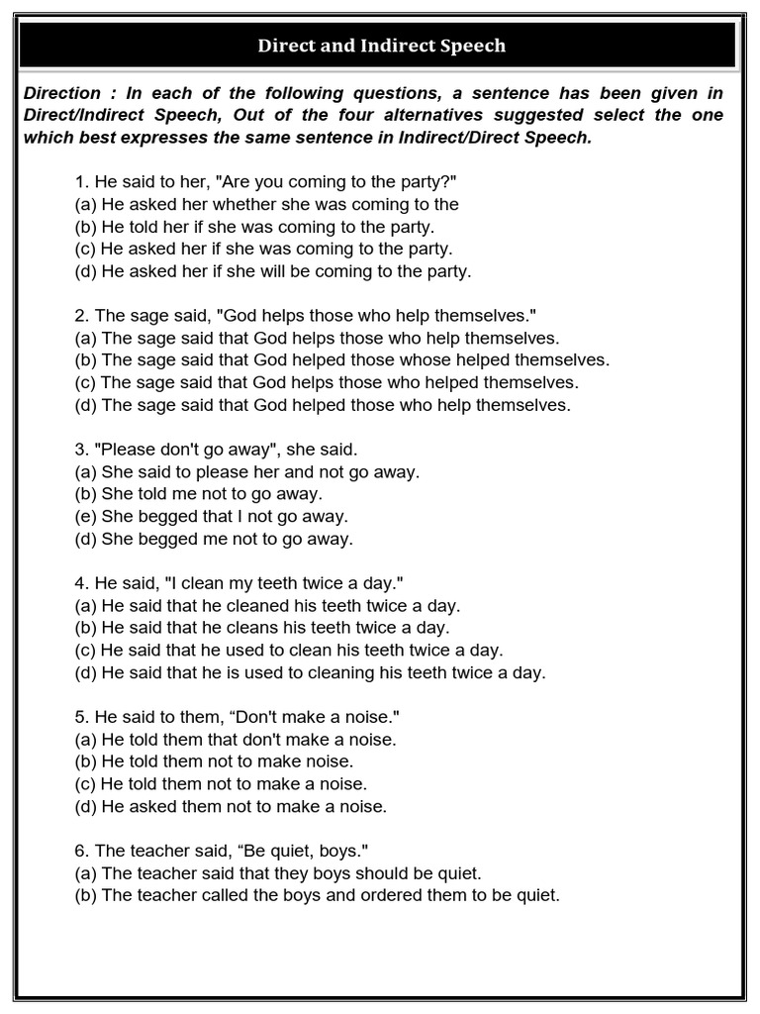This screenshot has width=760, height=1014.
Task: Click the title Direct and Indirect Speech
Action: coord(381,46)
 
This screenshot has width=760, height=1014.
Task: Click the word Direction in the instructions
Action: coord(62,93)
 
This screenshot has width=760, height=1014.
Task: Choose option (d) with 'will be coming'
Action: coord(273,270)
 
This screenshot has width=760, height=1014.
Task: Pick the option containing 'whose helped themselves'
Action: coord(342,359)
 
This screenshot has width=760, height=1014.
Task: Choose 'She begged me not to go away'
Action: coord(214,539)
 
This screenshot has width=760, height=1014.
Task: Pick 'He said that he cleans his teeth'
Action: coord(262,628)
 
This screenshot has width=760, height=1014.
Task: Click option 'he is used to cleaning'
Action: coord(310,672)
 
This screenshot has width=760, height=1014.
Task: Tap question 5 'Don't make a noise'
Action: coord(243,717)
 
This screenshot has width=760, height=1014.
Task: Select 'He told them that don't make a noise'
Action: coord(234,740)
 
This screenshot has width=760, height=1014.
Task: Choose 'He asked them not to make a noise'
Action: coord(231,806)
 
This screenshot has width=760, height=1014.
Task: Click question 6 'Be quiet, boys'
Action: coord(223,851)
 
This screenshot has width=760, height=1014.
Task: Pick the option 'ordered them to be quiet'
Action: coord(317,896)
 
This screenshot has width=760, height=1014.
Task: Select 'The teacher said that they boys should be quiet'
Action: coord(277,873)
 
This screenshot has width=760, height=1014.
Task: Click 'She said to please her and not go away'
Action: coord(247,472)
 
